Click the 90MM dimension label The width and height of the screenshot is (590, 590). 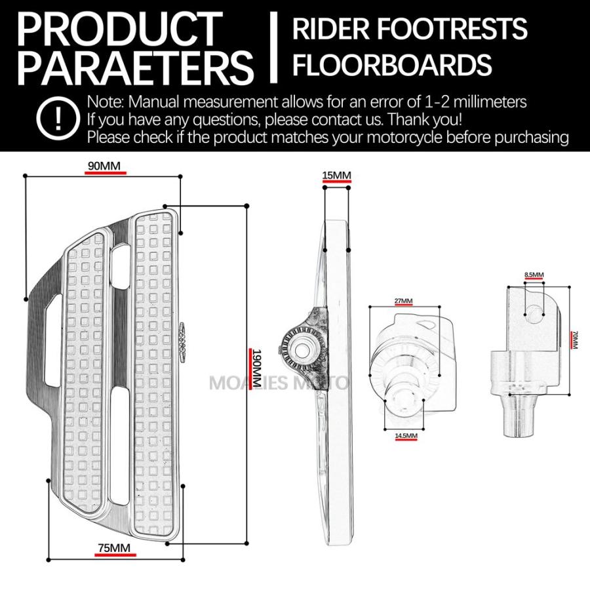click(x=104, y=166)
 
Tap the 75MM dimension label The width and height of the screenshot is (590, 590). click(x=114, y=548)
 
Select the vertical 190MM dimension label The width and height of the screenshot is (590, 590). click(x=256, y=368)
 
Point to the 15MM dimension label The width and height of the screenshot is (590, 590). click(x=337, y=175)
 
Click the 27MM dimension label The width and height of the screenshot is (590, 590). click(x=403, y=301)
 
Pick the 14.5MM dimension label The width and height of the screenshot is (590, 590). click(x=406, y=436)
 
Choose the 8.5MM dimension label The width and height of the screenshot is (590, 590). click(x=534, y=275)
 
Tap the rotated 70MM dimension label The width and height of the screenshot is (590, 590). click(x=574, y=340)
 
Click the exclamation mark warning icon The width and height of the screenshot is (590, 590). click(x=58, y=118)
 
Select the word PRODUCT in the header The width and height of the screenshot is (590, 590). click(x=120, y=29)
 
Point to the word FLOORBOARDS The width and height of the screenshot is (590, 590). click(x=392, y=65)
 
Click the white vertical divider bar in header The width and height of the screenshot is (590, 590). click(x=274, y=47)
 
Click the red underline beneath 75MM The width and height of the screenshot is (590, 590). click(x=115, y=555)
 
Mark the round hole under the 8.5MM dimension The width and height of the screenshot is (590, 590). click(x=534, y=313)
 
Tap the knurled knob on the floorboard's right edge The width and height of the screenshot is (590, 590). click(x=182, y=342)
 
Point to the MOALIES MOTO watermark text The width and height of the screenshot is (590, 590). click(x=279, y=383)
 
